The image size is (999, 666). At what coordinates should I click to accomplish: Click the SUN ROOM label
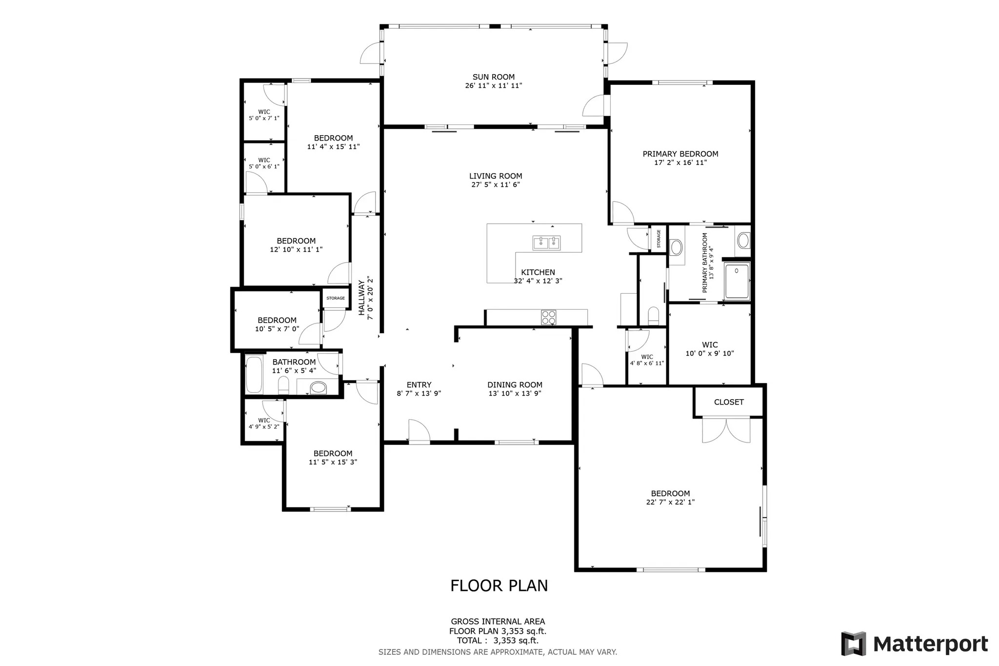point(494,77)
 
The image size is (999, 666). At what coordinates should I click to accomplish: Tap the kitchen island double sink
point(546,242)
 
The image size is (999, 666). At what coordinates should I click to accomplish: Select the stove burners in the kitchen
point(548,317)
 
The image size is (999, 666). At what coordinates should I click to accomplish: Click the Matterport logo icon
point(854,644)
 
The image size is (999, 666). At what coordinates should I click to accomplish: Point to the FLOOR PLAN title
point(499,585)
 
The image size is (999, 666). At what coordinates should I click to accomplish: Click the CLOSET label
point(729,402)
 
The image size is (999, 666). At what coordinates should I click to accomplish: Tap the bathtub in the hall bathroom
point(254,375)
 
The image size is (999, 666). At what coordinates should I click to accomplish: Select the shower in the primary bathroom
point(737,281)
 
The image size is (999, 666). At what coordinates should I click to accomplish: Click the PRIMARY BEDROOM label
point(680,154)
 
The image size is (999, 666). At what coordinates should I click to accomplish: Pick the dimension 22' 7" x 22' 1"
point(670,502)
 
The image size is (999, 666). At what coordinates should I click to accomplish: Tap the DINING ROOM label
point(515,384)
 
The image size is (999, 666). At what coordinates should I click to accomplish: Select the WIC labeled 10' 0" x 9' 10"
point(710,349)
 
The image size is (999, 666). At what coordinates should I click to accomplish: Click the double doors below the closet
point(726,430)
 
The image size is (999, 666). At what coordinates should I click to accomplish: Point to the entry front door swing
point(419,431)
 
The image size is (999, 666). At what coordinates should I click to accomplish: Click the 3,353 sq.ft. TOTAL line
point(498,641)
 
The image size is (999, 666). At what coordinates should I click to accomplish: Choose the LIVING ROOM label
point(496,176)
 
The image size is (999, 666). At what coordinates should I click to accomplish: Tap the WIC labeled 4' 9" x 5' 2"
point(264,424)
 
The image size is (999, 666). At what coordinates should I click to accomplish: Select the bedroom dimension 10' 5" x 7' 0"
point(277,329)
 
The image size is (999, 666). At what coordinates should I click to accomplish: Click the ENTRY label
point(419,384)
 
